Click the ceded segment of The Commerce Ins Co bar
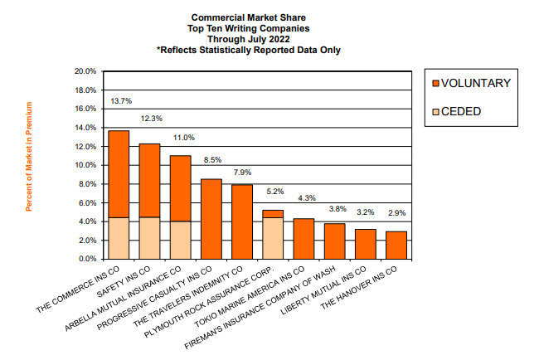119,238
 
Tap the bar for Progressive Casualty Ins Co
211,219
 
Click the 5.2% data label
274,192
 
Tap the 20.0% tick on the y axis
86,71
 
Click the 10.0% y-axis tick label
86,165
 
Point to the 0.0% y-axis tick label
88,259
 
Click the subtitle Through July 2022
248,38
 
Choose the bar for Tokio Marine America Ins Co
303,239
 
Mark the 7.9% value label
242,173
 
